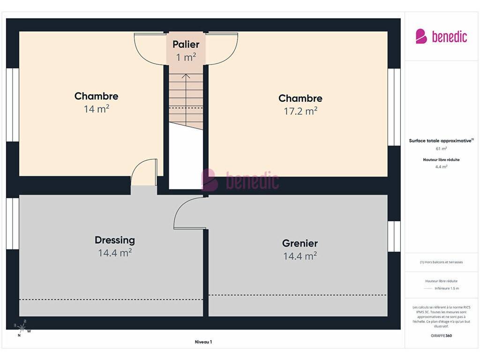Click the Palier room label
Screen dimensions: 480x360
[186, 45]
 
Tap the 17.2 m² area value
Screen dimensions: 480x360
[300, 111]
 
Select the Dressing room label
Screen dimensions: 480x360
[115, 240]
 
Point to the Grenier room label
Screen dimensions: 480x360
[300, 243]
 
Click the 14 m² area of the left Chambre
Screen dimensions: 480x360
[97, 109]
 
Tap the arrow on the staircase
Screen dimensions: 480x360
[186, 92]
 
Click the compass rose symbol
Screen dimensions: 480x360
[22, 328]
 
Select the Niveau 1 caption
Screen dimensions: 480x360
[203, 342]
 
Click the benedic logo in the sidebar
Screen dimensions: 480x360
[441, 37]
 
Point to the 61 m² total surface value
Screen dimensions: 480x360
[441, 149]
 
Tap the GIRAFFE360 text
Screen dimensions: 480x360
[441, 336]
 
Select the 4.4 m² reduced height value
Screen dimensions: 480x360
[441, 167]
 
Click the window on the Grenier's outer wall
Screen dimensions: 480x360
[394, 236]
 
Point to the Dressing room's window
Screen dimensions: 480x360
[13, 224]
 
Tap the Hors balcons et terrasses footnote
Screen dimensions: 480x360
[441, 262]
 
